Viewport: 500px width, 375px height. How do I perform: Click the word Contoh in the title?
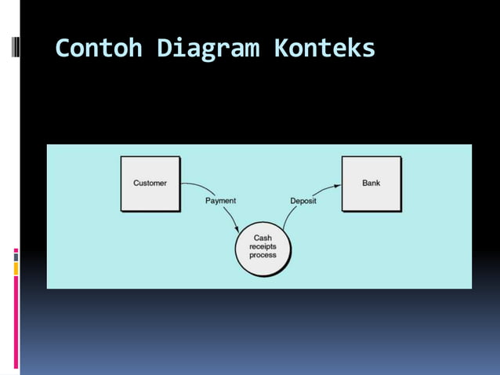pyautogui.click(x=99, y=49)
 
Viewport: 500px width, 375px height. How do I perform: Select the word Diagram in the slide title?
pyautogui.click(x=208, y=49)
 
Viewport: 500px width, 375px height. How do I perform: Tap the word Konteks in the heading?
pyautogui.click(x=324, y=49)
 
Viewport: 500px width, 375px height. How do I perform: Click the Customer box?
pyautogui.click(x=150, y=184)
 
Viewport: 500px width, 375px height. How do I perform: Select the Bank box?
pyautogui.click(x=371, y=184)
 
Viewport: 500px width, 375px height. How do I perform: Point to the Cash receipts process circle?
pyautogui.click(x=262, y=247)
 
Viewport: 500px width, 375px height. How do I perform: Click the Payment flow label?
pyautogui.click(x=220, y=201)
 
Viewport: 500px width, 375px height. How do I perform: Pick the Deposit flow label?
pyautogui.click(x=303, y=201)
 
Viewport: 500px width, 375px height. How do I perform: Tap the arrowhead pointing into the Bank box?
pyautogui.click(x=337, y=186)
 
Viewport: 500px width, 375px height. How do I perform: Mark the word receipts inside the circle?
pyautogui.click(x=263, y=247)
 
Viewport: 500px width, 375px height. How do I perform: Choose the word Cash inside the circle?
pyautogui.click(x=263, y=238)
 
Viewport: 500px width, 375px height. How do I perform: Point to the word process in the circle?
pyautogui.click(x=263, y=256)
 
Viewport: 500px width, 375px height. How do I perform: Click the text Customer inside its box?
pyautogui.click(x=150, y=184)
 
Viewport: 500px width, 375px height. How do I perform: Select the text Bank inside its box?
pyautogui.click(x=371, y=184)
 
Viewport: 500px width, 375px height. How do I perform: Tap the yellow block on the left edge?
pyautogui.click(x=16, y=269)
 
